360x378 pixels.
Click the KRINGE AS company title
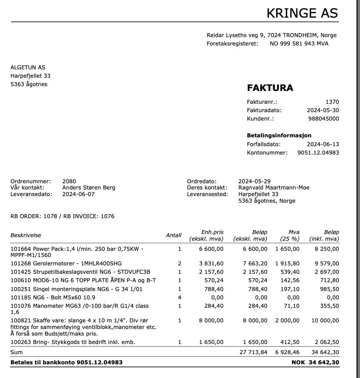[x=302, y=13]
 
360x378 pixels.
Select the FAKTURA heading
[x=270, y=87]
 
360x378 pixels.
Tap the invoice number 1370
[x=332, y=102]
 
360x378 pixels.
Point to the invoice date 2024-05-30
[x=323, y=110]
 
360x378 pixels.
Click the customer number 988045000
[x=323, y=119]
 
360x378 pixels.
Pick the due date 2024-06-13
[x=323, y=144]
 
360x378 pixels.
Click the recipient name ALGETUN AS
[x=28, y=68]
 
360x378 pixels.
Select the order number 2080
[x=69, y=181]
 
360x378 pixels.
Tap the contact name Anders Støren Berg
[x=89, y=188]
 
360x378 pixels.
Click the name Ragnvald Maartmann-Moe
[x=274, y=188]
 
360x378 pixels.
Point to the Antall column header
[x=174, y=235]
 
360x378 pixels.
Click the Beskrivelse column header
[x=26, y=235]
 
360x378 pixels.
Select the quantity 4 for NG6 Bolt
[x=180, y=297]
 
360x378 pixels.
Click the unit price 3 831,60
[x=211, y=263]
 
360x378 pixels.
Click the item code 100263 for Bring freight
[x=19, y=342]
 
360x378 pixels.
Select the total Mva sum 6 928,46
[x=287, y=352]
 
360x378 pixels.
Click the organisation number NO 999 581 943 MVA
[x=299, y=44]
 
